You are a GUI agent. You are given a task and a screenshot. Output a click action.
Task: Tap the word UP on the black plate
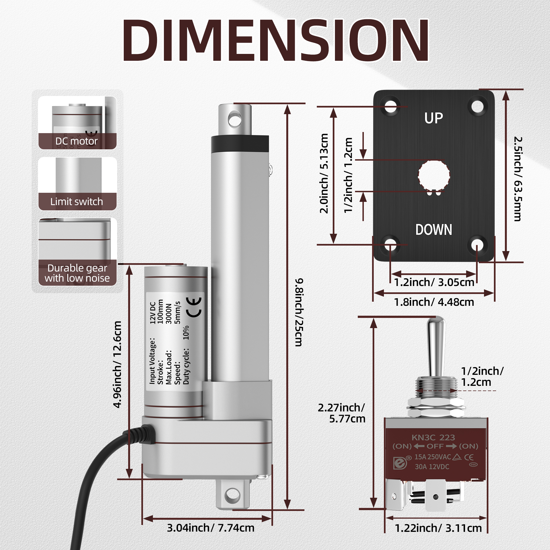click(434, 118)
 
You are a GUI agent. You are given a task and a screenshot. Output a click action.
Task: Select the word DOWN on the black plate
click(434, 230)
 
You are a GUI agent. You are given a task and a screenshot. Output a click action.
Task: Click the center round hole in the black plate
click(434, 175)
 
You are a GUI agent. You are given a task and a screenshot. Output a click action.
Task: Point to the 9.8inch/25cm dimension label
click(299, 312)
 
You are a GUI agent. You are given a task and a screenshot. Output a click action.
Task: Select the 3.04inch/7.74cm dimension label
click(210, 528)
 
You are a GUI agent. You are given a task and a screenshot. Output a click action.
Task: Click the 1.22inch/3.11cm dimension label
click(438, 528)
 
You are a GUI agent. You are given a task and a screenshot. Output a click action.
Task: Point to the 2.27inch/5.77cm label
click(342, 413)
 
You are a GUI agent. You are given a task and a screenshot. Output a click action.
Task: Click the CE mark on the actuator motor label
click(194, 307)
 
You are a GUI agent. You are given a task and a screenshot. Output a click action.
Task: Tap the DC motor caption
click(76, 141)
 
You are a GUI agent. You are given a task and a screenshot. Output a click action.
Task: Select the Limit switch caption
click(76, 202)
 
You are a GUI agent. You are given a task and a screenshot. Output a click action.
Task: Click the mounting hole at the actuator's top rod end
click(235, 120)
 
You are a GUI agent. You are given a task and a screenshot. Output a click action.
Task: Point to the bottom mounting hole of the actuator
click(233, 496)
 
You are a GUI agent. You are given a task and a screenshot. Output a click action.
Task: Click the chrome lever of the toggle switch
click(436, 347)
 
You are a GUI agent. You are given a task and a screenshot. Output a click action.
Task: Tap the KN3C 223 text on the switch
click(433, 438)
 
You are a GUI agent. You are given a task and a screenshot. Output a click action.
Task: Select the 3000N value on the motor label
click(169, 313)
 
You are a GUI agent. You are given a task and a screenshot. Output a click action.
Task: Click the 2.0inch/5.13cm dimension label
click(324, 173)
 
